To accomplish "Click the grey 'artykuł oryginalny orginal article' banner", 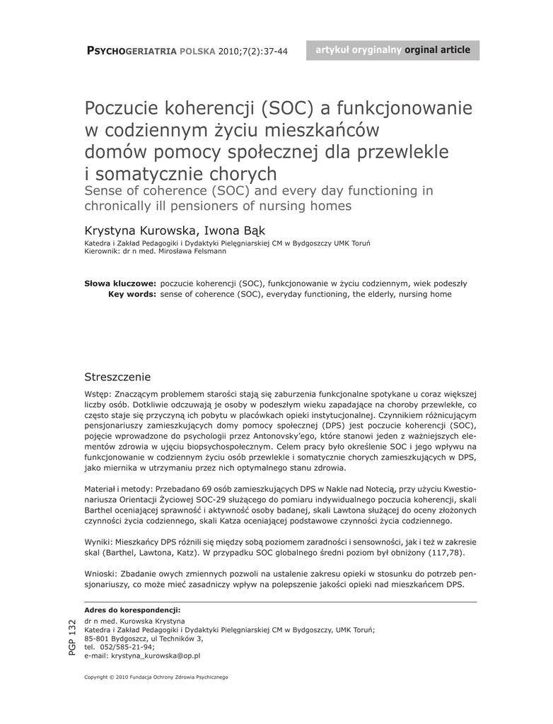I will coord(392,50).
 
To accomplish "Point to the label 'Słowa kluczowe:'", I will coord(120,283).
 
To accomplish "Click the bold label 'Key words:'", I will coord(132,293).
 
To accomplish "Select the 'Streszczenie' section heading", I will coord(117,377).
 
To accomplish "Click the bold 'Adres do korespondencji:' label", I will coord(132,609).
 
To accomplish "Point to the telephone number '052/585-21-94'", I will coord(128,647).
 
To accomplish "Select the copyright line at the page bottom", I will coord(156,677).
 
